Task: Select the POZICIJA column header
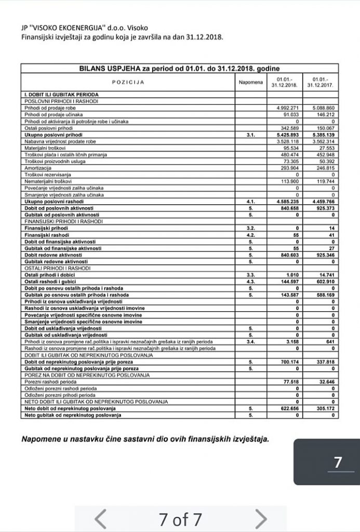[128, 82]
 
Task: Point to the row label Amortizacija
[37, 168]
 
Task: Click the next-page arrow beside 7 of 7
[261, 518]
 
